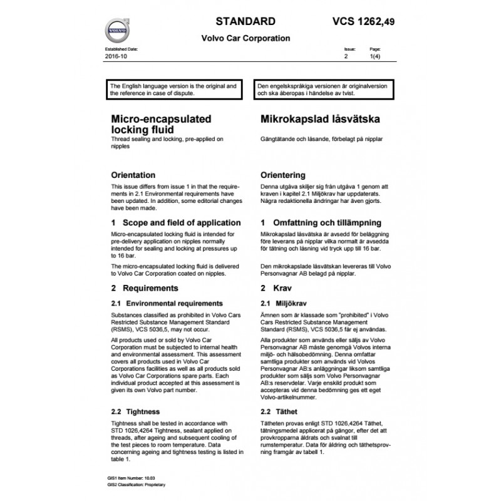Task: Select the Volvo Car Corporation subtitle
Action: pyautogui.click(x=245, y=38)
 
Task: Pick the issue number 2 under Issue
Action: pyautogui.click(x=346, y=56)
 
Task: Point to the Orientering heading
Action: pyautogui.click(x=282, y=175)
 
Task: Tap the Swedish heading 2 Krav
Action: pyautogui.click(x=272, y=288)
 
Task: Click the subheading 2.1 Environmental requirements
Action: pyautogui.click(x=167, y=303)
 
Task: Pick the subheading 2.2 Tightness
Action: pyautogui.click(x=135, y=411)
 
